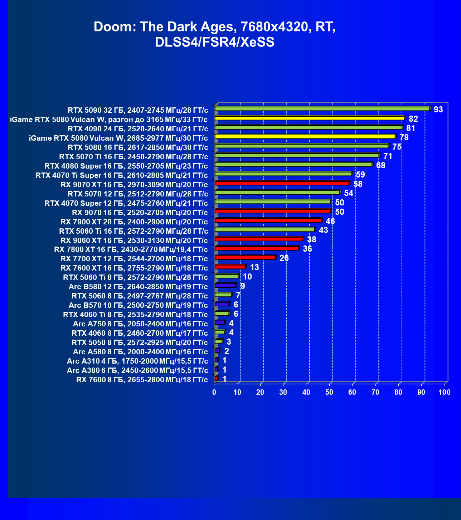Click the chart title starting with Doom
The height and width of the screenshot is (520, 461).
coord(214,34)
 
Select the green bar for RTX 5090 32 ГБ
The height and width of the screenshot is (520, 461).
coord(322,109)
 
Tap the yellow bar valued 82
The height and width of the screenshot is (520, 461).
coord(310,118)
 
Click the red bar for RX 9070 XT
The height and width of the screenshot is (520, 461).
coord(282,183)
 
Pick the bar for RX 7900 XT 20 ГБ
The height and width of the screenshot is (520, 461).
coord(268,220)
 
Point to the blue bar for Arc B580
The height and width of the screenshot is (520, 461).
coord(225,286)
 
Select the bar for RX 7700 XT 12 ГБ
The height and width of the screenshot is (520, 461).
coord(245,258)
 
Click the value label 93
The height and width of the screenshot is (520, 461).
coord(438,110)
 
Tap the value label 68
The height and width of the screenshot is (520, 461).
coord(380,165)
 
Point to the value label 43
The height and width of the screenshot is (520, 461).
coord(323,230)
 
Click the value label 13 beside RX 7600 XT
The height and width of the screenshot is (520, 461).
coord(254,267)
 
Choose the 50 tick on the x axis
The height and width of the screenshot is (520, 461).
coord(329,392)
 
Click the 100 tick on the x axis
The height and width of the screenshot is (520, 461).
coord(445,392)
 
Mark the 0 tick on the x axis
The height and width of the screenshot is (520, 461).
coord(214,392)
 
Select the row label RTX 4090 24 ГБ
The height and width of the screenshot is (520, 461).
coord(138,129)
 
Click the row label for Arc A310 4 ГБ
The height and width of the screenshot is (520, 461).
coord(137,361)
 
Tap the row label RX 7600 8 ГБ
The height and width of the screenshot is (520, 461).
coord(142,380)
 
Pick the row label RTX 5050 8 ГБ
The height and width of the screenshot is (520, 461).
coord(140,342)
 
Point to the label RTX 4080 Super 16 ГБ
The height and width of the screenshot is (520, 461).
coord(126,166)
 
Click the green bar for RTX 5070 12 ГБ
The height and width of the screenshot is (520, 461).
coord(277,193)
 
